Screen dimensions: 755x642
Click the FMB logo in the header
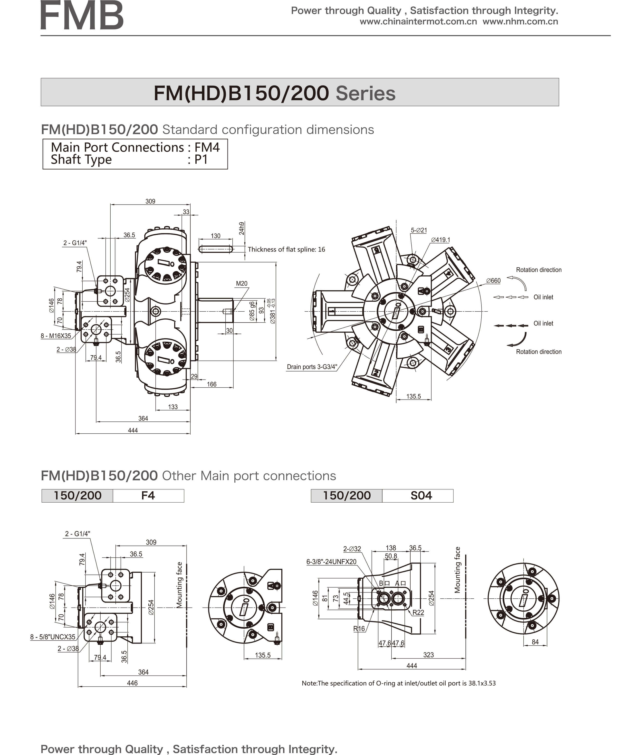82,16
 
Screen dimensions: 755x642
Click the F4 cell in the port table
148,496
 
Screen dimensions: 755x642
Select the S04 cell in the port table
421,496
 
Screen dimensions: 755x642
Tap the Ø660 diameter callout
494,280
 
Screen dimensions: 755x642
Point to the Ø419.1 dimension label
440,240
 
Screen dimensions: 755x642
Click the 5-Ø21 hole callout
419,230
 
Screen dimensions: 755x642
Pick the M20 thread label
242,283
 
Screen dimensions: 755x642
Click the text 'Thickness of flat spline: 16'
287,249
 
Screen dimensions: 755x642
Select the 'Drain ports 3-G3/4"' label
312,367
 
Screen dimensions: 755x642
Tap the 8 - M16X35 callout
56,336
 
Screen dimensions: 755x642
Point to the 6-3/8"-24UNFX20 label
331,561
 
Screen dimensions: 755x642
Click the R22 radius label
418,612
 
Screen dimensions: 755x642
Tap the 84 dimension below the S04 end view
535,642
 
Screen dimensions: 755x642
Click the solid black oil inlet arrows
511,326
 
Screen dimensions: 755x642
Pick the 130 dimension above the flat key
215,236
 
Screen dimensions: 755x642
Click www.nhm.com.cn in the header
520,21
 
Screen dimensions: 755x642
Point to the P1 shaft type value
201,159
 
